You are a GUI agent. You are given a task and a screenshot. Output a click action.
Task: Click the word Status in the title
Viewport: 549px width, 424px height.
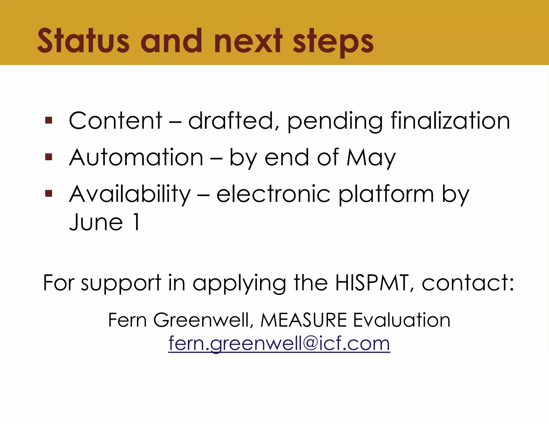[x=83, y=41]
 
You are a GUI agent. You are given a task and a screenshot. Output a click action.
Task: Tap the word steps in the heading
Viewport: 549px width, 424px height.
[x=333, y=42]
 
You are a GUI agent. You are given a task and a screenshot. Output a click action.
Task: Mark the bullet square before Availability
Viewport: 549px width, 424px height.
[x=49, y=193]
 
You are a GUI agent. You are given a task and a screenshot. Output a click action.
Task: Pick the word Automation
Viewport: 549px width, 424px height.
[x=136, y=157]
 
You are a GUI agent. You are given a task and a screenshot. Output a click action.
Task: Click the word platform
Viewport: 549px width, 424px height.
[x=386, y=195]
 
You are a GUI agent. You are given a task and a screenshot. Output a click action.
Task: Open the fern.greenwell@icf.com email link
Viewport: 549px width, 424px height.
[x=279, y=343]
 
